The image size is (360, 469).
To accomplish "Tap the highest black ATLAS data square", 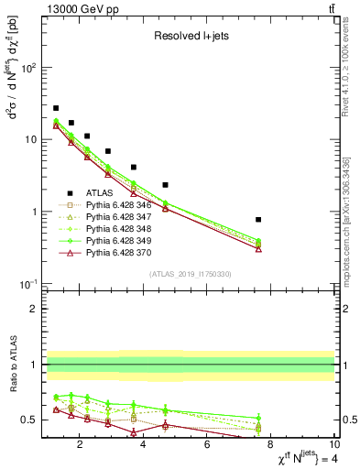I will [56, 108].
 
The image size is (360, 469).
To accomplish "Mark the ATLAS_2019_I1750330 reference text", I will [190, 274].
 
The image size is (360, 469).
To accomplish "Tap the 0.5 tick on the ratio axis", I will [31, 420].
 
